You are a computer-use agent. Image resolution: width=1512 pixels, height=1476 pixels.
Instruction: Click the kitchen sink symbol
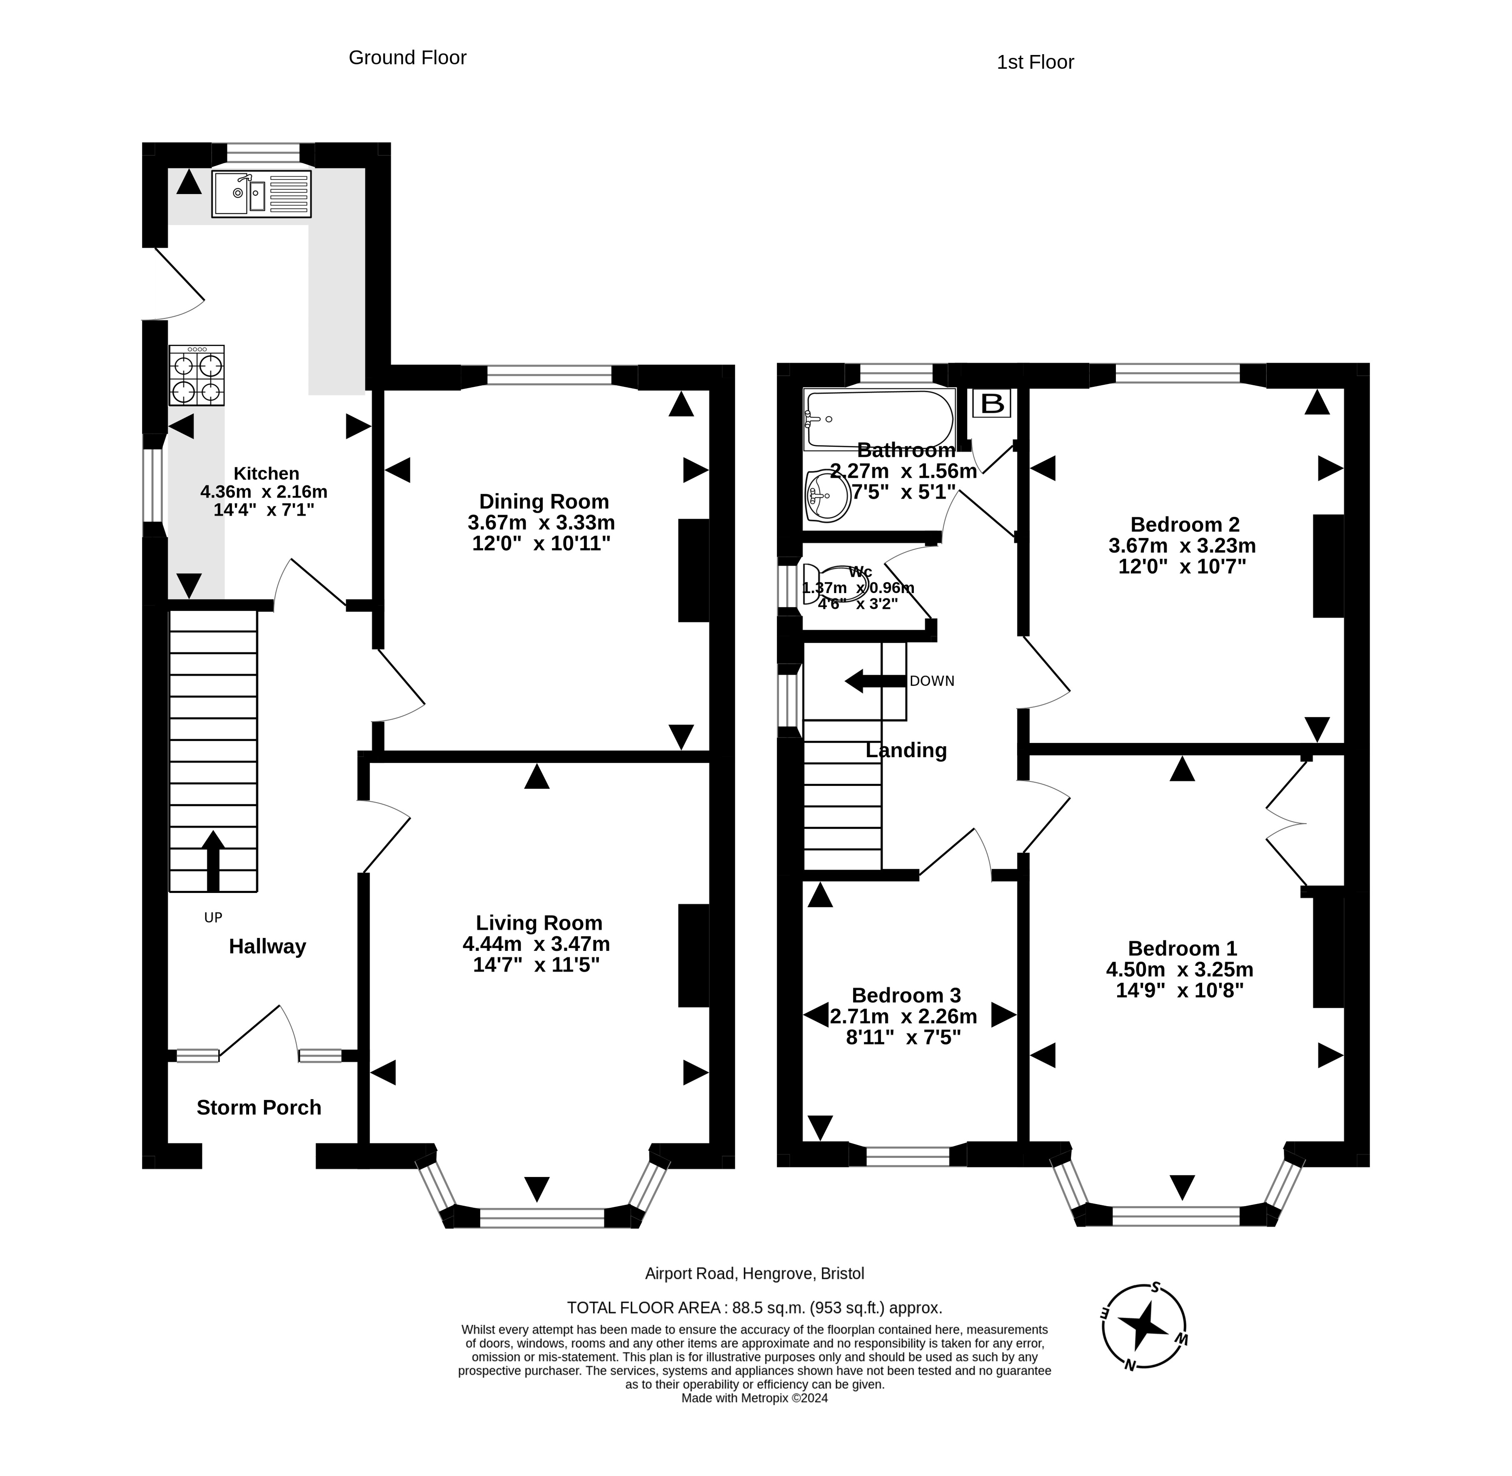261,194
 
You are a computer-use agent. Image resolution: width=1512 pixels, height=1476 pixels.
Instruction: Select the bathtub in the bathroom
879,419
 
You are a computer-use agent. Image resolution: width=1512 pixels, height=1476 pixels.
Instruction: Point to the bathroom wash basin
827,495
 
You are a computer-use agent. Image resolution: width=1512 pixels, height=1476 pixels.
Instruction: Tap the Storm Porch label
259,1108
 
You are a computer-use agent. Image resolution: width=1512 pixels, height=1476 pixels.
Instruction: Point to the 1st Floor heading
1035,62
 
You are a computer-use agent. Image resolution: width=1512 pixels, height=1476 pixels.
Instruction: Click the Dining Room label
544,501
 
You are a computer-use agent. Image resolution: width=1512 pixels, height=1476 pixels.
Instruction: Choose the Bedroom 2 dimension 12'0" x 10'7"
1183,567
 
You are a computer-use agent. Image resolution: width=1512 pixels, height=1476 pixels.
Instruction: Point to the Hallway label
267,947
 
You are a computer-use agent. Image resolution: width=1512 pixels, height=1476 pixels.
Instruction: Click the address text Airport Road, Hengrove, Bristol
754,1274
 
